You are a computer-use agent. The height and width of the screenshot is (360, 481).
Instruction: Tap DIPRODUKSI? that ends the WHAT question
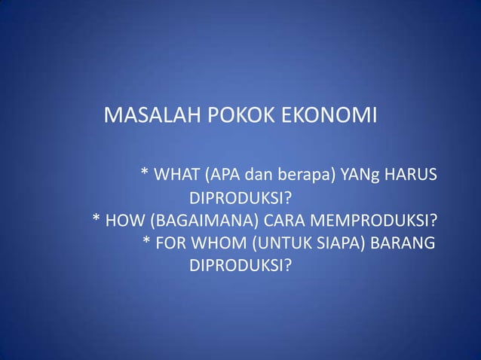tap(240, 199)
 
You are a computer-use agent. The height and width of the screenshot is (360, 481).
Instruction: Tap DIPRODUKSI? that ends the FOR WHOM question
tap(240, 267)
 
